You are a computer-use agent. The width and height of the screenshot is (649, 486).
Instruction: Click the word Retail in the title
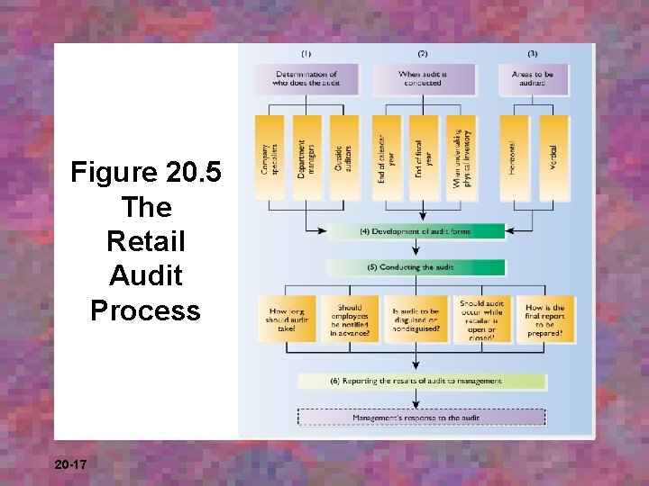(145, 241)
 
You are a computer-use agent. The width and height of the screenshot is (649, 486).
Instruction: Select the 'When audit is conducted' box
(422, 79)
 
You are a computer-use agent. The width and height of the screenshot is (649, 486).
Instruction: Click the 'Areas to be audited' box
(534, 79)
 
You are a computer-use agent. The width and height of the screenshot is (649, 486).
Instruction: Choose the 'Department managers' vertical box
(306, 158)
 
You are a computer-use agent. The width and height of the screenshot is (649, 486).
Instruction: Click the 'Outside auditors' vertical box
(343, 158)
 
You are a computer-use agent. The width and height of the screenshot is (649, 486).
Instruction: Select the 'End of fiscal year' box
(423, 158)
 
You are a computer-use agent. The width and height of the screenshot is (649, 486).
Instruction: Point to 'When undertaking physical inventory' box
(460, 158)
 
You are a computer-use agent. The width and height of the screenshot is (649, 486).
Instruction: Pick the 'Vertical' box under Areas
(553, 158)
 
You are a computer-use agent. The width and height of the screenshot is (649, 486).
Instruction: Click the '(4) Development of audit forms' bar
(416, 231)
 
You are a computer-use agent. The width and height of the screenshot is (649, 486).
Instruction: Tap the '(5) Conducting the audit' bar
(416, 267)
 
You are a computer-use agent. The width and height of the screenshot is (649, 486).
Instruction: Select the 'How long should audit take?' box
(287, 319)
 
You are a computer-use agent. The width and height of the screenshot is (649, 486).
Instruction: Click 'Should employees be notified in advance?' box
(350, 319)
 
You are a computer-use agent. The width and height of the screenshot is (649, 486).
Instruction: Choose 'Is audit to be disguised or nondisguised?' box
(416, 319)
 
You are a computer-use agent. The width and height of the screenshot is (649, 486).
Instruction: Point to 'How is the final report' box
(545, 319)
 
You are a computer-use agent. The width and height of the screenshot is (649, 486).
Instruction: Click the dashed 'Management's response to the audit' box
(421, 418)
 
